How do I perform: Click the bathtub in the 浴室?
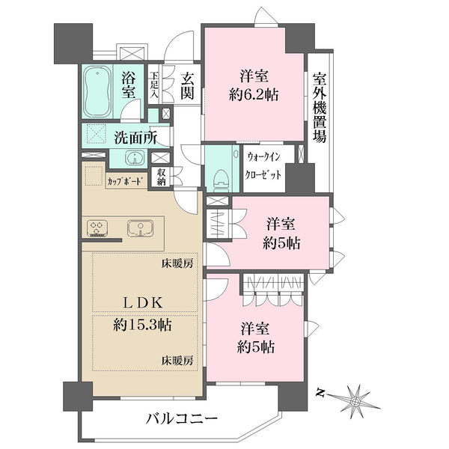click(x=97, y=92)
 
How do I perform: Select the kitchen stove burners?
click(x=97, y=228)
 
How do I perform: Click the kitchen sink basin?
click(x=140, y=228)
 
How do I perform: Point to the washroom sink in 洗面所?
click(x=133, y=158)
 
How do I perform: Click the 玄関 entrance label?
click(x=187, y=85)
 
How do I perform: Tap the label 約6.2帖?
click(x=254, y=94)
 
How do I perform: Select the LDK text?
click(x=143, y=302)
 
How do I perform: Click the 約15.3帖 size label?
click(x=142, y=326)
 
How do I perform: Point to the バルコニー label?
click(x=182, y=420)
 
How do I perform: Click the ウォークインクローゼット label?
click(x=263, y=166)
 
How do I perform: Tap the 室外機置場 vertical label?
click(x=320, y=108)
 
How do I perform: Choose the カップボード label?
click(x=125, y=181)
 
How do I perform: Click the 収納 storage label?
click(x=161, y=177)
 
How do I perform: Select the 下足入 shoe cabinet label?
click(x=154, y=85)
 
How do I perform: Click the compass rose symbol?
click(x=355, y=400)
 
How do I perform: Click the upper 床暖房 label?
click(x=177, y=263)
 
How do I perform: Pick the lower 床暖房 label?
click(x=177, y=360)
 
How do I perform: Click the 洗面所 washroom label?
click(x=135, y=138)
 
